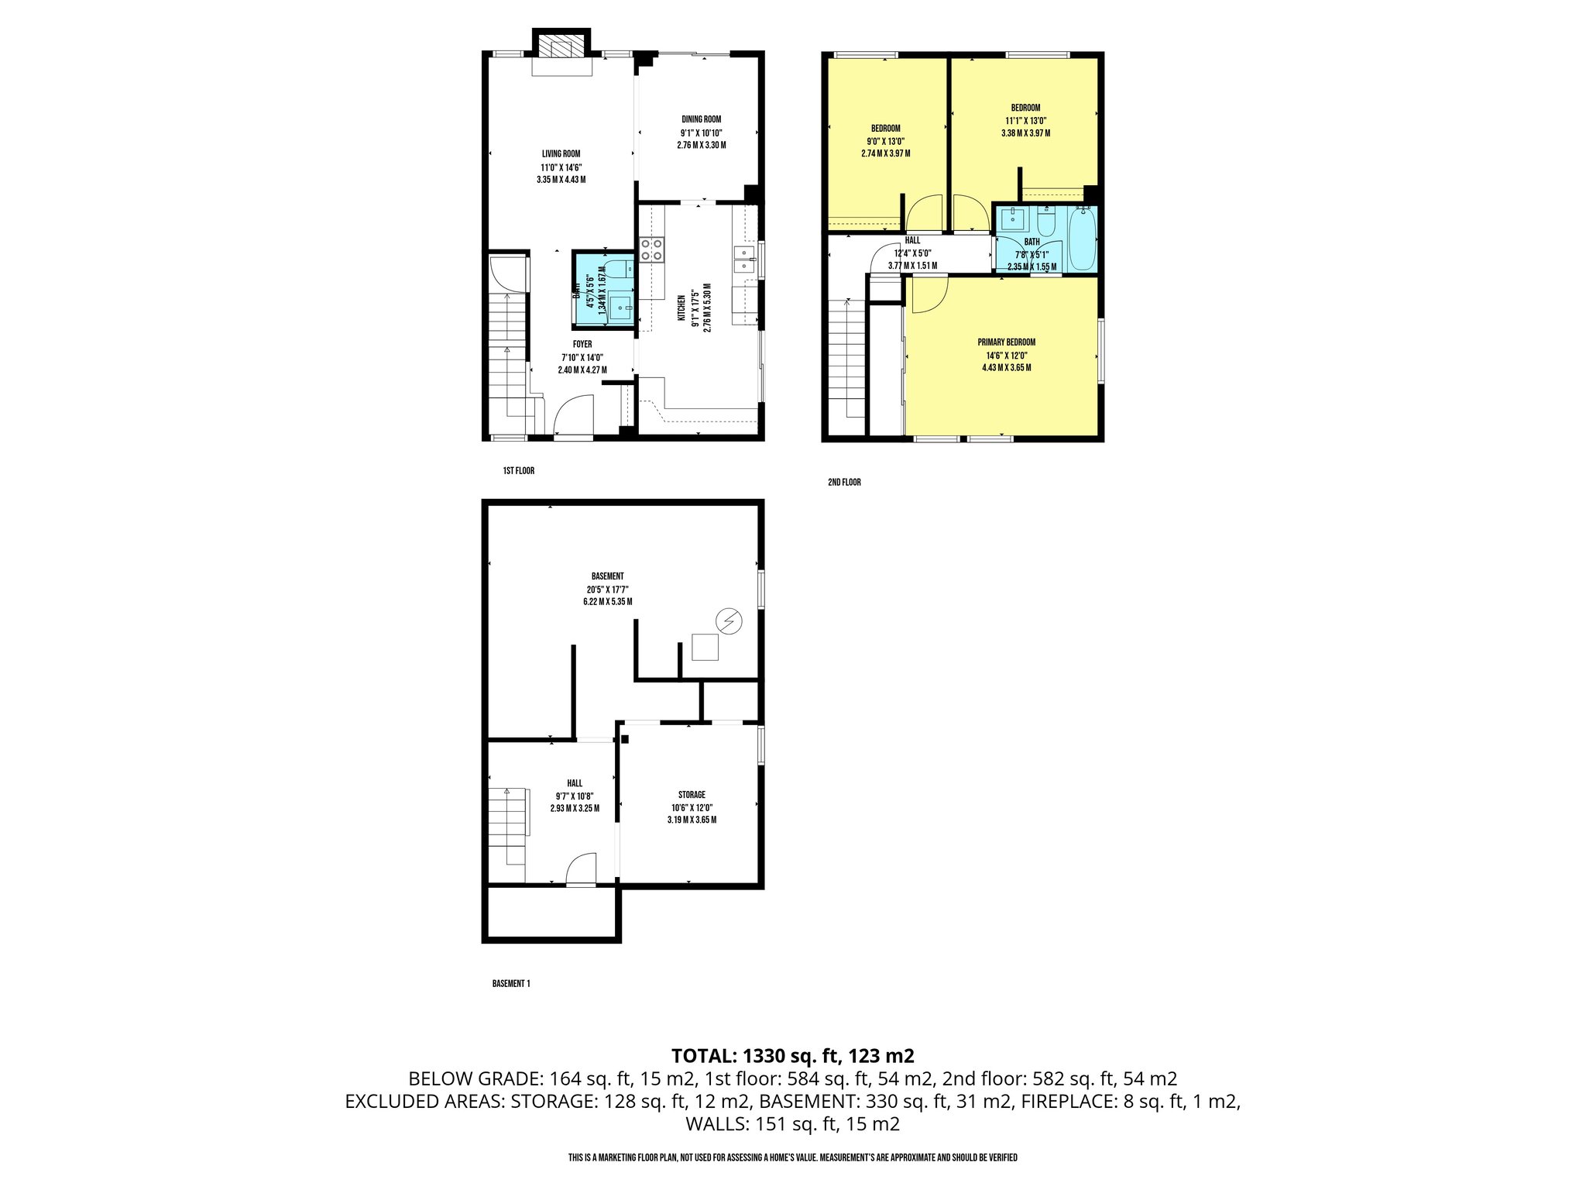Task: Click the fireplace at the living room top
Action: tap(561, 47)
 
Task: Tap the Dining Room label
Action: tap(701, 119)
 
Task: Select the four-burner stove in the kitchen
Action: tap(652, 249)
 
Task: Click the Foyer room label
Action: tap(582, 344)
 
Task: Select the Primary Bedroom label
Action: tap(1006, 342)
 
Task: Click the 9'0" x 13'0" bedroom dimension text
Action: tap(885, 141)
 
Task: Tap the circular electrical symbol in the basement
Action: tap(728, 621)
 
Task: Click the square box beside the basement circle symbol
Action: tap(705, 647)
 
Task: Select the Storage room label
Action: tap(692, 795)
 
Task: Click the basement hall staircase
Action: tap(507, 825)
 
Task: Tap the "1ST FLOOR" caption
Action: tap(518, 470)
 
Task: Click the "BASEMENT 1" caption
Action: tap(511, 984)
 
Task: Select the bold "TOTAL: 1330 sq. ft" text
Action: tap(792, 1055)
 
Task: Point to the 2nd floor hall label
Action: tap(912, 241)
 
